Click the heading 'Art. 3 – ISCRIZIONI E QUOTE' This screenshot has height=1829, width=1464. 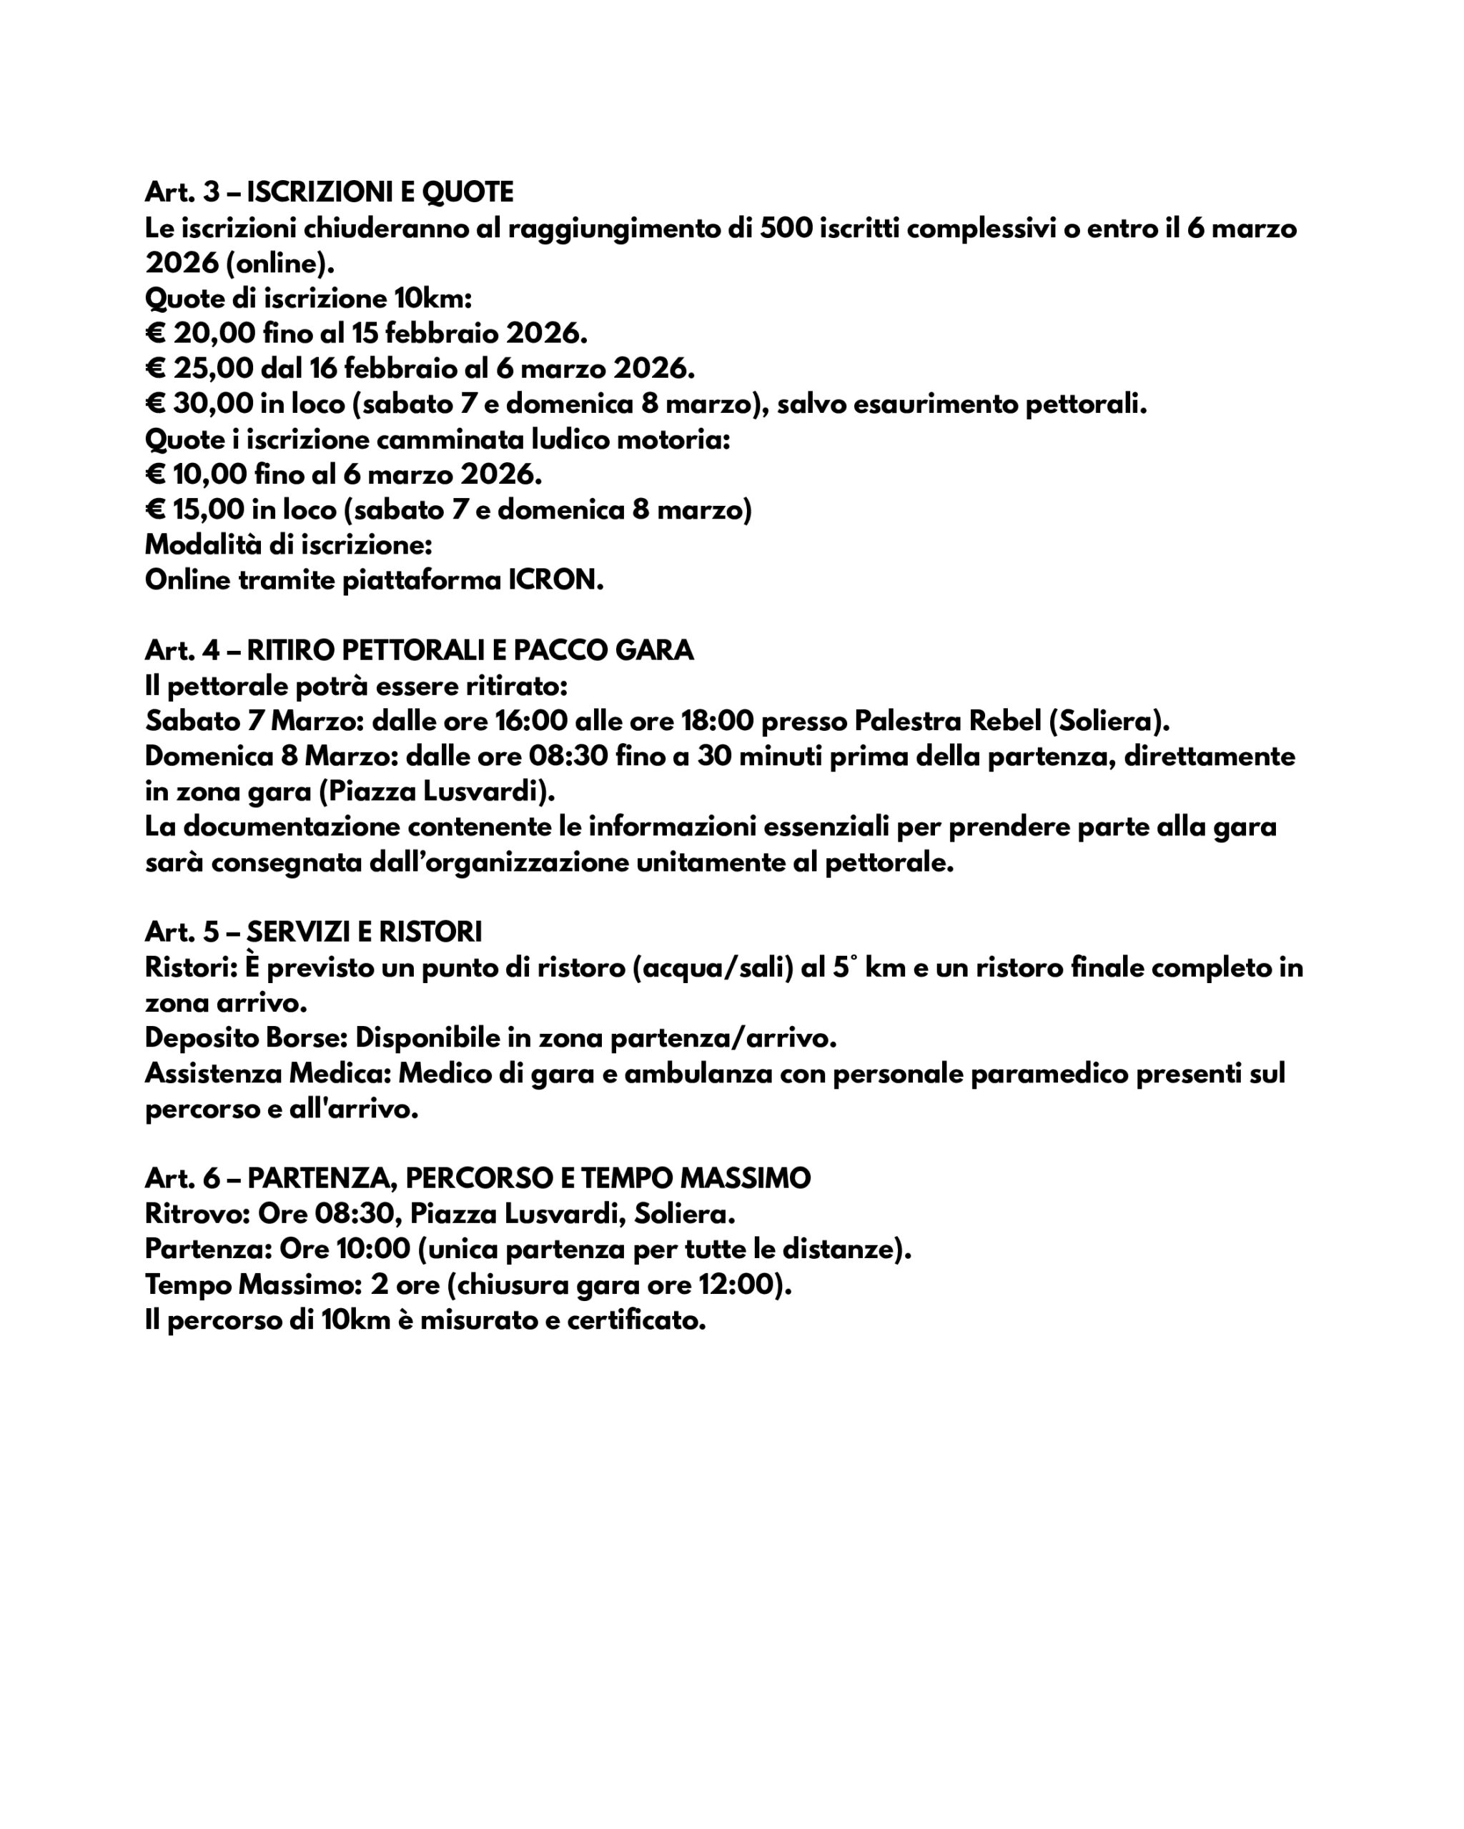(330, 193)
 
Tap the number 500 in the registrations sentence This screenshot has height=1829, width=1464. (785, 228)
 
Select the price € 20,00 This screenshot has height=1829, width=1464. (198, 334)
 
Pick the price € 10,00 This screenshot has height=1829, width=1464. (196, 474)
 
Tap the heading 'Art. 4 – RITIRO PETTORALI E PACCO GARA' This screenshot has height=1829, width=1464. (419, 651)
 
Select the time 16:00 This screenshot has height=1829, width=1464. (530, 721)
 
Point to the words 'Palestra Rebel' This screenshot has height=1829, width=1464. (947, 721)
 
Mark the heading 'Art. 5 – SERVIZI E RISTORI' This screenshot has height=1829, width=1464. (313, 932)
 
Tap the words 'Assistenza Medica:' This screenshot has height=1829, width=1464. (267, 1074)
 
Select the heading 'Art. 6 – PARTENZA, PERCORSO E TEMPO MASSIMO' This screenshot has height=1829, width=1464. (478, 1179)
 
